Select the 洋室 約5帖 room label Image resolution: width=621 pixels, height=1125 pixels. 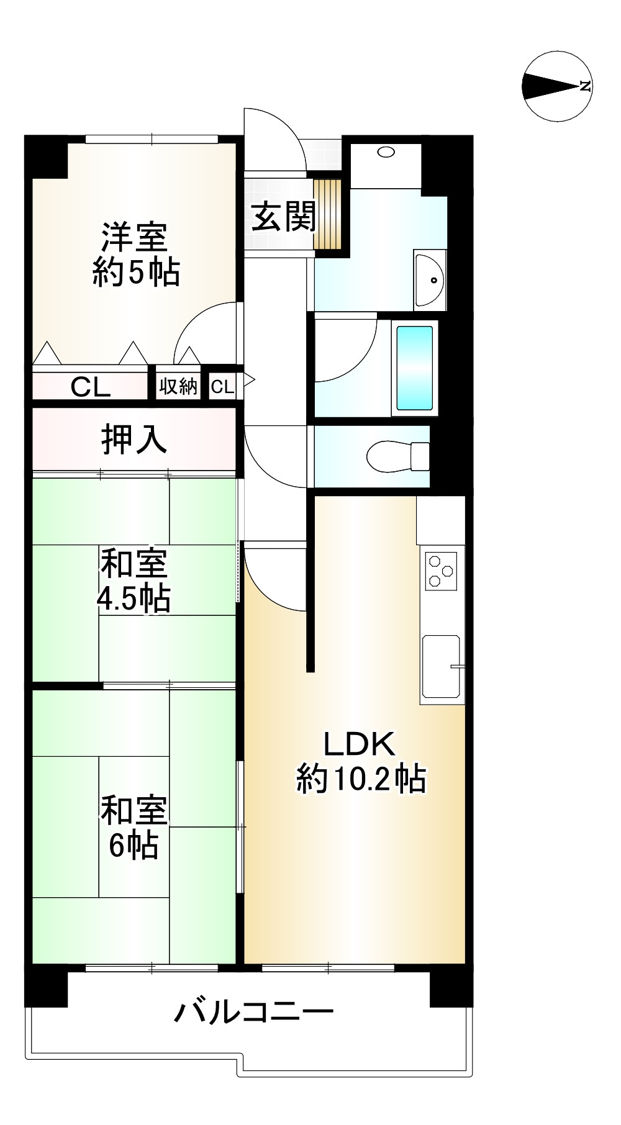pos(135,255)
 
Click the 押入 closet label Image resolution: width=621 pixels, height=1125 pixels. pos(134,439)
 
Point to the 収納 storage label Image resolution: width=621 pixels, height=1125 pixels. pos(178,386)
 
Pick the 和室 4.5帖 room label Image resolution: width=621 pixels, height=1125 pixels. pos(134,581)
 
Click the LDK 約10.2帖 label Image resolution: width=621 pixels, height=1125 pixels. pos(361,761)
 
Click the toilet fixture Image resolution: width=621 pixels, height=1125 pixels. pos(397,457)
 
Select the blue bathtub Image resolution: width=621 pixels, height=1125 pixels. pos(414,368)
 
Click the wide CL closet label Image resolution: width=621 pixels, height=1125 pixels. pos(91,387)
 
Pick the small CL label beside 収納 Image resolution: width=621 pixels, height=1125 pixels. pos(222,387)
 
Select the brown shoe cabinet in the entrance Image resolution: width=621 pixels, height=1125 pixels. pos(328,214)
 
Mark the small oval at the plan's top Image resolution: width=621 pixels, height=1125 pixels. pos(386,151)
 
